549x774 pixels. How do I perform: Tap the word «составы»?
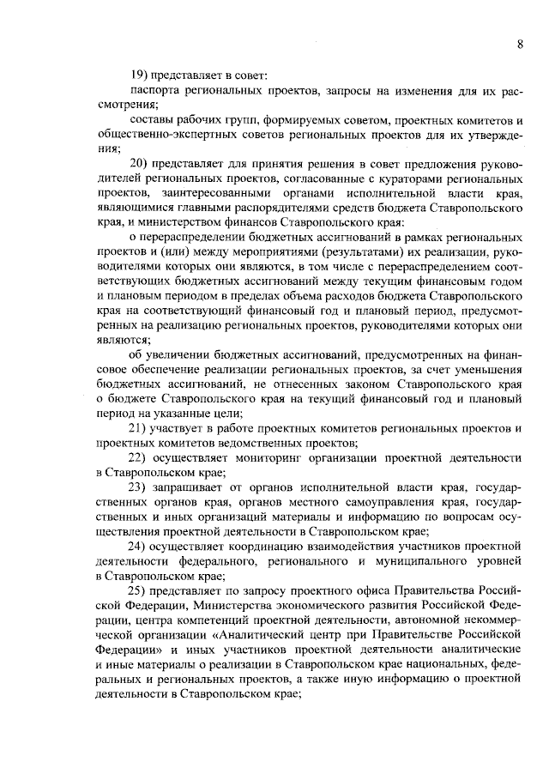(x=150, y=119)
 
